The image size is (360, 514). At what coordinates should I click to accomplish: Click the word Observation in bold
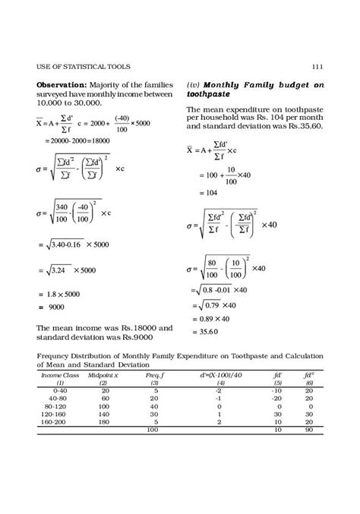click(62, 84)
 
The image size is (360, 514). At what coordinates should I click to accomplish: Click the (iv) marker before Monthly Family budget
click(192, 84)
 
